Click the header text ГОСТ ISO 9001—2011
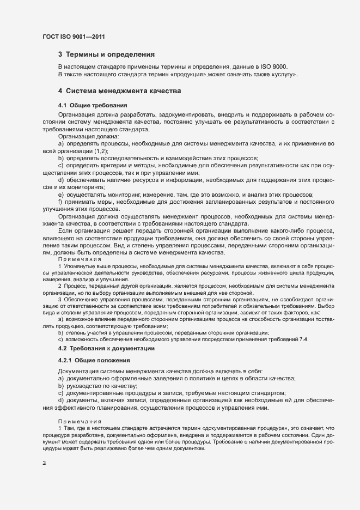pos(74,37)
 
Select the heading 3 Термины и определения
pos(106,54)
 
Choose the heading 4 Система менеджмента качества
pos(119,90)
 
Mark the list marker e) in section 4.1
pos(62,195)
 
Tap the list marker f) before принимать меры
pos(61,202)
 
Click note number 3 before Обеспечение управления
pos(60,299)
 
